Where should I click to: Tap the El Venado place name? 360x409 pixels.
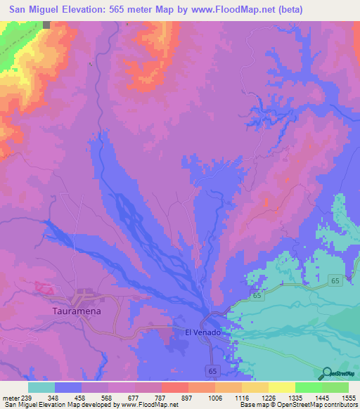202,332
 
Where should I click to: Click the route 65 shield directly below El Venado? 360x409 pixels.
212,369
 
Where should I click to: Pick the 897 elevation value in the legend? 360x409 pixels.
188,398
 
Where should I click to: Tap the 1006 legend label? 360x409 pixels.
214,398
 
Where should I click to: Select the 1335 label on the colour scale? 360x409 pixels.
293,398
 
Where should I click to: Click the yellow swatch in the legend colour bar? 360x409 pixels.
282,387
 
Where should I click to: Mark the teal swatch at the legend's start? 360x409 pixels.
41,387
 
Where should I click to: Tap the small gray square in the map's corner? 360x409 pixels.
46,25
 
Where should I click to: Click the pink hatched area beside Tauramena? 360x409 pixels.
44,287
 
